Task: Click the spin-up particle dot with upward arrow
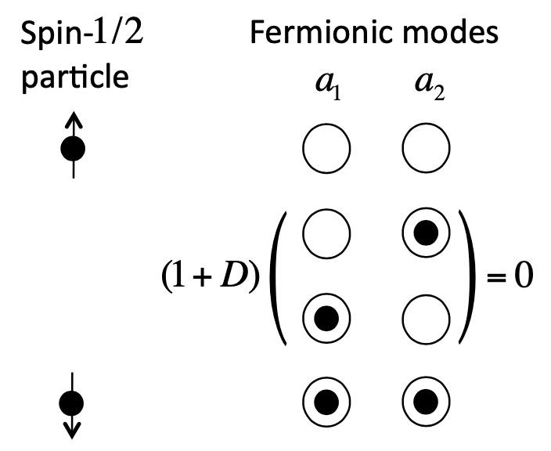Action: click(x=73, y=146)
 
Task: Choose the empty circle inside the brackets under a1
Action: click(x=323, y=233)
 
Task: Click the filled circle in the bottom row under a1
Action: click(x=323, y=403)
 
